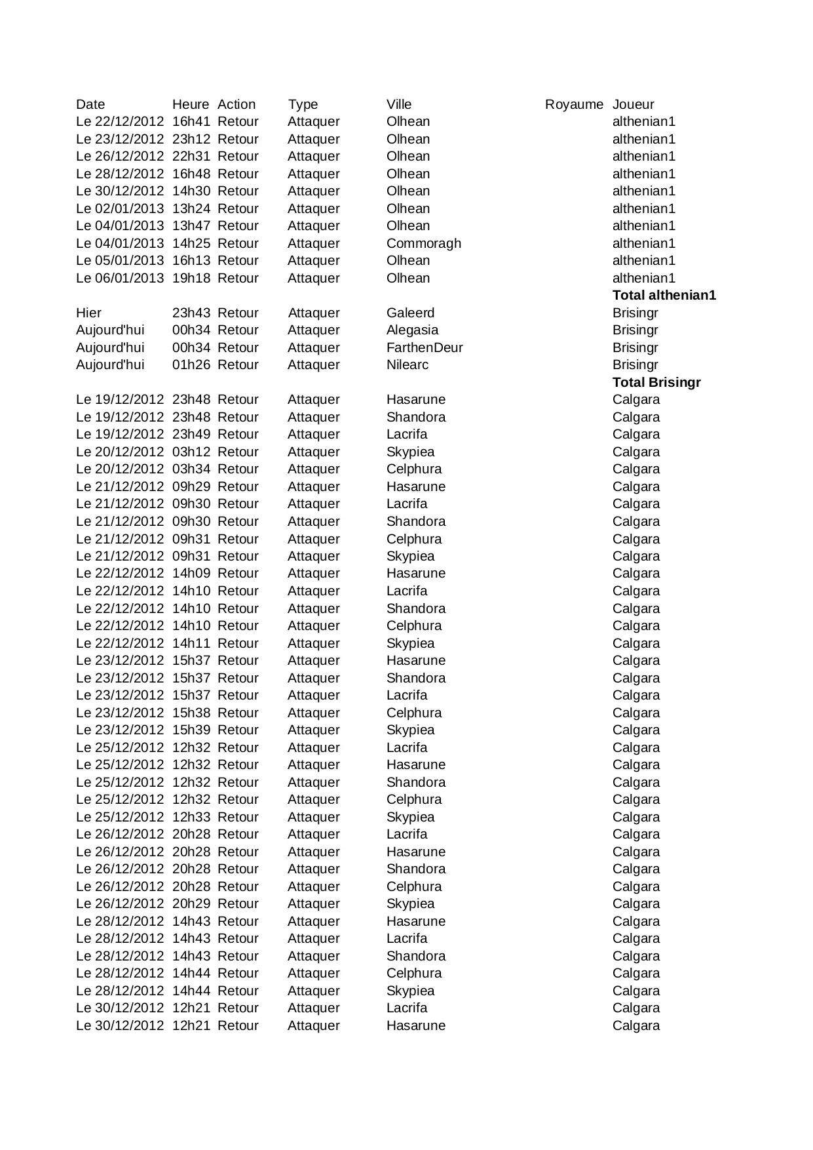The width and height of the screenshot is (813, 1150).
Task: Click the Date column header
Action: pyautogui.click(x=90, y=104)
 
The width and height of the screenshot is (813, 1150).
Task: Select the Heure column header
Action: pyautogui.click(x=191, y=104)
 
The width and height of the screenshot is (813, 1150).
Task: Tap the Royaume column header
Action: pyautogui.click(x=574, y=104)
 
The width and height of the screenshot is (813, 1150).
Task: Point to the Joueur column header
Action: pyautogui.click(x=633, y=104)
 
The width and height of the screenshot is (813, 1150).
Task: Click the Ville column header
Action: pyautogui.click(x=399, y=104)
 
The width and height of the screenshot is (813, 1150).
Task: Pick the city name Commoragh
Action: pyautogui.click(x=423, y=243)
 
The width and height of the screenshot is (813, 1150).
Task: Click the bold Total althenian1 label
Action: pyautogui.click(x=664, y=295)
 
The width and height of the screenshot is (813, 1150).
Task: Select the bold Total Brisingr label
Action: pyautogui.click(x=656, y=382)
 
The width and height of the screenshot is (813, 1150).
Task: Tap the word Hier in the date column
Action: pyautogui.click(x=88, y=313)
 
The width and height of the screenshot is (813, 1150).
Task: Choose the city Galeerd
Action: pyautogui.click(x=410, y=313)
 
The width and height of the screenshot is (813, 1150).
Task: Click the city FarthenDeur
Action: pyautogui.click(x=425, y=347)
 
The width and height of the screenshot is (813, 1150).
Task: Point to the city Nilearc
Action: pyautogui.click(x=407, y=365)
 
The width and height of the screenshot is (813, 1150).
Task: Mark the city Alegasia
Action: pyautogui.click(x=412, y=330)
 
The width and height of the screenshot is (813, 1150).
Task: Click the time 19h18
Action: pyautogui.click(x=191, y=278)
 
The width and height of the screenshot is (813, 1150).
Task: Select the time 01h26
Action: pyautogui.click(x=191, y=365)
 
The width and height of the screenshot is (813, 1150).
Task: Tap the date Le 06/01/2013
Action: pyautogui.click(x=120, y=278)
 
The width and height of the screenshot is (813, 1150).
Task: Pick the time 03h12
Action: pyautogui.click(x=191, y=452)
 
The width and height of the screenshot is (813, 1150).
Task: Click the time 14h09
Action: pyautogui.click(x=191, y=573)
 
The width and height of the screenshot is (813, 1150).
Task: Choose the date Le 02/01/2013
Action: pyautogui.click(x=120, y=208)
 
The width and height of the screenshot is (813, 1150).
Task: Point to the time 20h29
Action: pyautogui.click(x=191, y=903)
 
